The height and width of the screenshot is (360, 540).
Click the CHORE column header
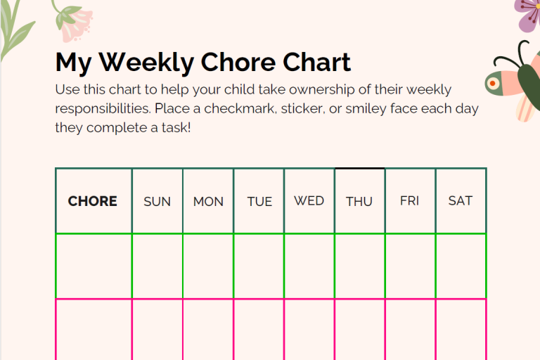[92, 201]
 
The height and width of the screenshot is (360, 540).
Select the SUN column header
[157, 202]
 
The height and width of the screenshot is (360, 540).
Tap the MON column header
[208, 202]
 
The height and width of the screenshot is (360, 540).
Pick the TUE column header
[259, 202]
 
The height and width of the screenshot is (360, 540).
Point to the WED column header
[309, 201]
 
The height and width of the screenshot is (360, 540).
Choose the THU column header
[359, 202]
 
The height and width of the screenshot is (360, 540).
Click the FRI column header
[409, 201]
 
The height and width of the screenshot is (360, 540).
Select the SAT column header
[461, 201]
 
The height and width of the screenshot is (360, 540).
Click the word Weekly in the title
[146, 63]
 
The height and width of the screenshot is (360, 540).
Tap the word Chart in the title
[316, 62]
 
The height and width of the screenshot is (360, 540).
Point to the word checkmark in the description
[240, 108]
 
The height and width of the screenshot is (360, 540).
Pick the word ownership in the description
[321, 90]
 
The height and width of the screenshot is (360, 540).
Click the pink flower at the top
[75, 23]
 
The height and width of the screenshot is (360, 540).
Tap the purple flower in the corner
[527, 15]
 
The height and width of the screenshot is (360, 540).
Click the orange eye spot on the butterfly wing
[492, 84]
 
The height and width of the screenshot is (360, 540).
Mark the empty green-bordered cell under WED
[309, 266]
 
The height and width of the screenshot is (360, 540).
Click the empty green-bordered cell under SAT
[461, 266]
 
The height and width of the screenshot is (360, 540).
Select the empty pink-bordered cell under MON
[208, 330]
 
